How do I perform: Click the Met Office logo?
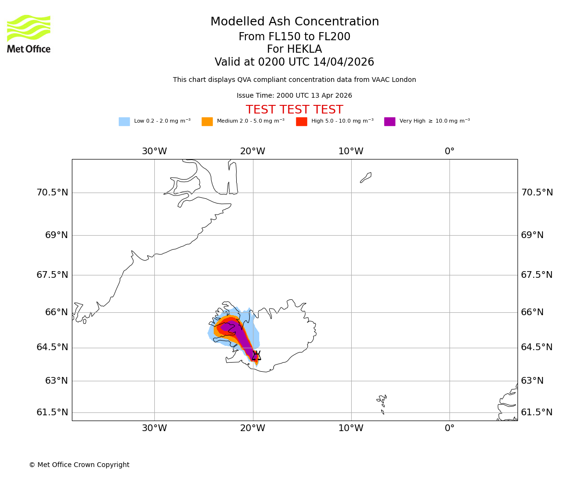click(29, 34)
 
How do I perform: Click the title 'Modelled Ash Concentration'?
click(294, 22)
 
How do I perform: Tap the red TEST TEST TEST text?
click(294, 110)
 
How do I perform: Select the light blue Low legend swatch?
click(124, 122)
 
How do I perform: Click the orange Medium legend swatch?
click(207, 122)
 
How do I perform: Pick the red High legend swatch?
click(301, 122)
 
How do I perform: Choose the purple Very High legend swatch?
click(390, 122)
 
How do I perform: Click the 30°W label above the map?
click(154, 151)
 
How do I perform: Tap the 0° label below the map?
click(449, 428)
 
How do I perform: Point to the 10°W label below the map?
click(351, 428)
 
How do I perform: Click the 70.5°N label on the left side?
click(52, 193)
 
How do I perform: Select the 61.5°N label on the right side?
click(537, 412)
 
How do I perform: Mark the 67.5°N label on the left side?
click(52, 275)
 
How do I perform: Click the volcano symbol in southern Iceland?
click(256, 355)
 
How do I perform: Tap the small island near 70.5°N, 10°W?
click(366, 177)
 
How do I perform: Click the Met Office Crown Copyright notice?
click(79, 465)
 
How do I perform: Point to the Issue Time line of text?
click(294, 96)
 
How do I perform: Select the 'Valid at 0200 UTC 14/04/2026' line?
click(294, 62)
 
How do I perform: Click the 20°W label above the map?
click(253, 151)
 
